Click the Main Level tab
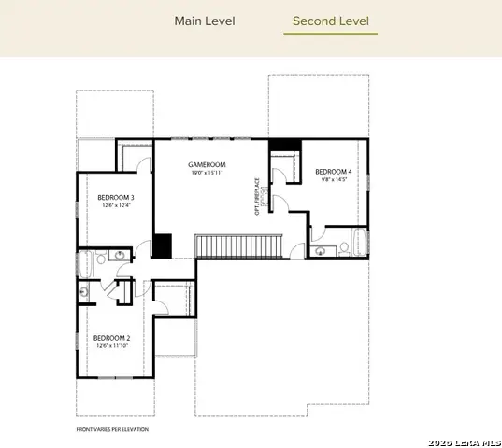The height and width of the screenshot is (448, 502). [x=205, y=21]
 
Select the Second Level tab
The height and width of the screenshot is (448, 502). [x=330, y=21]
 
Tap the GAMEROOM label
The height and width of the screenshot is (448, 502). [x=204, y=163]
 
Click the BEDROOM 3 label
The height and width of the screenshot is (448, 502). [x=116, y=197]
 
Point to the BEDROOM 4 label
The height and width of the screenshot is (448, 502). [x=334, y=172]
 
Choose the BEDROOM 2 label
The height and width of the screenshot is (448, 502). [x=110, y=337]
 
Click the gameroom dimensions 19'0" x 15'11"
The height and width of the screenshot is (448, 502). [x=204, y=173]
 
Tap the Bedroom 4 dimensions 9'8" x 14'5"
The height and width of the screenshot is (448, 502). [x=334, y=180]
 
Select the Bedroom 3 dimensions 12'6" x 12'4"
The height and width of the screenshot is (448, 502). [x=116, y=205]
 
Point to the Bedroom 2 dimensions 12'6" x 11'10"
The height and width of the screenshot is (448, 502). [x=110, y=345]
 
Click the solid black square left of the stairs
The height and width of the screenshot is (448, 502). [x=163, y=245]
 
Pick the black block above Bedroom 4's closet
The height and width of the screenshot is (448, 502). [x=283, y=146]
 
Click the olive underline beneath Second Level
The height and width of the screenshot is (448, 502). [x=330, y=35]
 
